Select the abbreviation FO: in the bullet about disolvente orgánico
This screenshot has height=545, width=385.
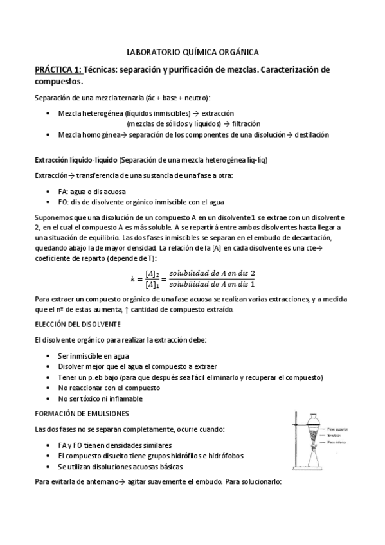coord(64,202)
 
